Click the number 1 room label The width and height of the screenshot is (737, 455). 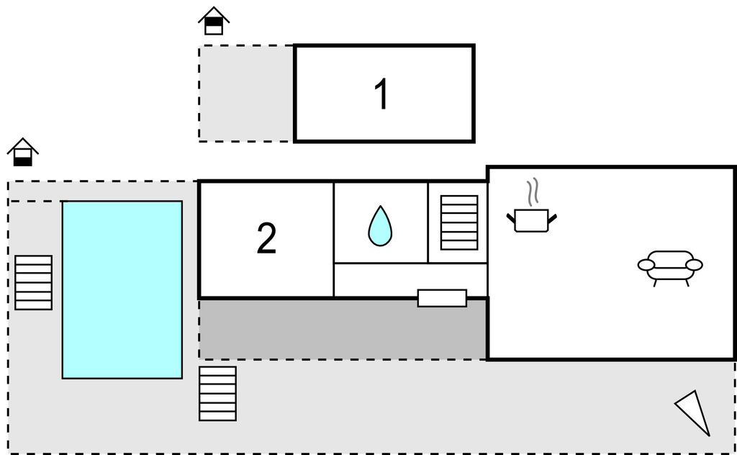382,94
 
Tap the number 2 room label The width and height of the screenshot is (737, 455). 266,239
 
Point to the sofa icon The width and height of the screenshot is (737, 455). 670,266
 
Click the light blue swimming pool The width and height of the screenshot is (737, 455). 122,289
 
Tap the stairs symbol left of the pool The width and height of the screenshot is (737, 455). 33,282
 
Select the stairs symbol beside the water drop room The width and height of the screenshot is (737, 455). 459,222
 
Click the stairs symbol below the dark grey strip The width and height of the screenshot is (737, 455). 217,393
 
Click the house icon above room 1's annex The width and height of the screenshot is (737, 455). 214,21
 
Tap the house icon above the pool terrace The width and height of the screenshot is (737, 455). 23,152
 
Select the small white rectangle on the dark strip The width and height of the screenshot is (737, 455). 442,298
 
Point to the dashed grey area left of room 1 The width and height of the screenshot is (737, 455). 246,94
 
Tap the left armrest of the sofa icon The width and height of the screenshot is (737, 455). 646,265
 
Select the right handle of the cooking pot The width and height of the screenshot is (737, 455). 552,217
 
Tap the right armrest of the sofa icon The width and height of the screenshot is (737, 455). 694,265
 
